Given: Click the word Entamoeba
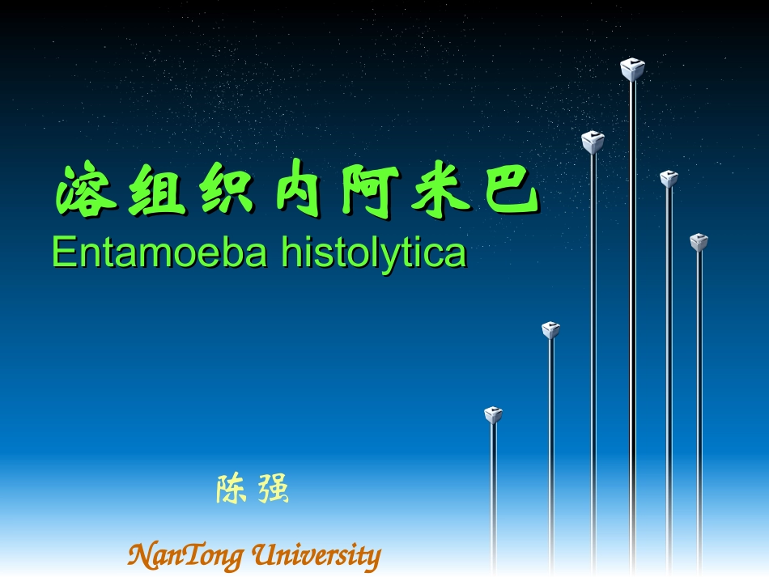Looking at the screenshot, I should tap(159, 253).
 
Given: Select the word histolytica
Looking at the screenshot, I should tap(374, 253).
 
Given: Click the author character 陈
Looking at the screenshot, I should tap(231, 490).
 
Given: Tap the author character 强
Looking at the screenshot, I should tap(274, 490).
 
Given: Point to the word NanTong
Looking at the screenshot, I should tap(185, 556).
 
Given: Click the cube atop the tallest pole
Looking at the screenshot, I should tap(632, 70).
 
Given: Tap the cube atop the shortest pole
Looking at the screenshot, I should tap(493, 415).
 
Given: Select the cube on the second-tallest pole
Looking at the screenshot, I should tap(593, 142).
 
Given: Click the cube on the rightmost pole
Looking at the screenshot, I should tap(699, 242).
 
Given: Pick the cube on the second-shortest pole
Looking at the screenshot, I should tap(551, 329).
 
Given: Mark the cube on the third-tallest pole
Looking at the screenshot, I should tap(668, 179).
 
